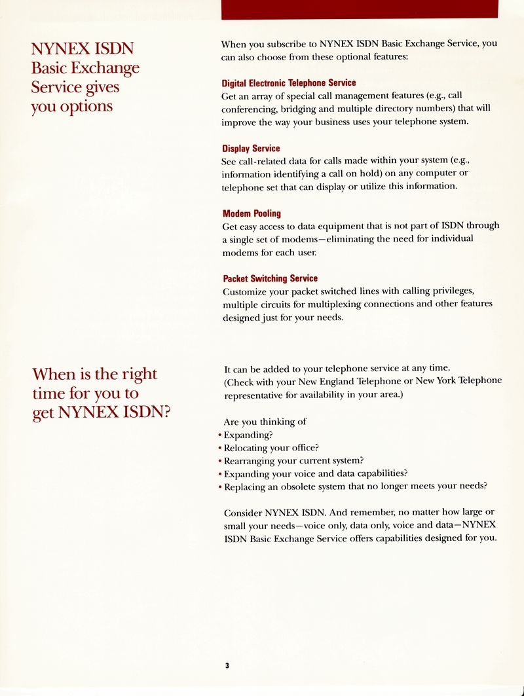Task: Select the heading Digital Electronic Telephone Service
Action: pos(289,83)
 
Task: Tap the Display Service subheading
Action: pos(251,149)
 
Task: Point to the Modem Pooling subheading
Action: pos(252,213)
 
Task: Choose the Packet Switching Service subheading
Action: pos(270,278)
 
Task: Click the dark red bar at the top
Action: pos(360,9)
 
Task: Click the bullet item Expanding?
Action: pos(248,435)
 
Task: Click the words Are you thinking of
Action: pos(265,422)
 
